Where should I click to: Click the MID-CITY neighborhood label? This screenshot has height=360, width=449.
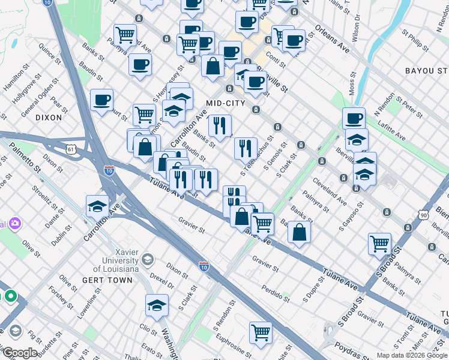pyautogui.click(x=226, y=103)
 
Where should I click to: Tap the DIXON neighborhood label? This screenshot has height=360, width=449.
pyautogui.click(x=49, y=118)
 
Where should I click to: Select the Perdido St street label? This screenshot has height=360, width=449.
pyautogui.click(x=276, y=295)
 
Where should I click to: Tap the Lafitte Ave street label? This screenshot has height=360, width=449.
pyautogui.click(x=392, y=131)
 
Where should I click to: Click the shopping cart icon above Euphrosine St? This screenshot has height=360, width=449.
pyautogui.click(x=261, y=332)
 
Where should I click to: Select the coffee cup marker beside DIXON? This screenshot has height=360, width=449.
pyautogui.click(x=101, y=100)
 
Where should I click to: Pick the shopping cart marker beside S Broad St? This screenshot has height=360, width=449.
pyautogui.click(x=379, y=244)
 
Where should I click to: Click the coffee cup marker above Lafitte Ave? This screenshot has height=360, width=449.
pyautogui.click(x=354, y=118)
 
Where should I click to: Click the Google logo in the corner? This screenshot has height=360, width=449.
pyautogui.click(x=20, y=353)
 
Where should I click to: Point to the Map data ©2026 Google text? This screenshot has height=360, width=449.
pyautogui.click(x=411, y=355)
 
